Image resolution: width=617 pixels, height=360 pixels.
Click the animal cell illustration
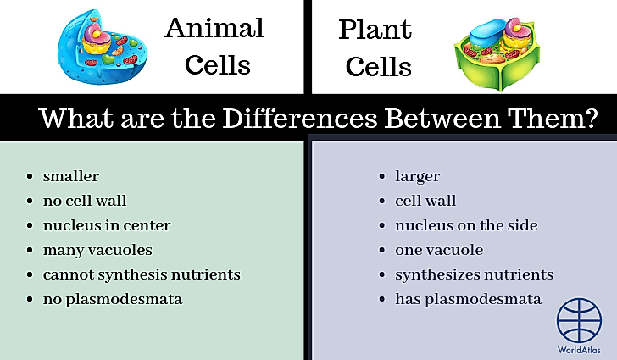click(99, 49)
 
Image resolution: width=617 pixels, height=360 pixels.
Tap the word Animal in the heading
click(214, 28)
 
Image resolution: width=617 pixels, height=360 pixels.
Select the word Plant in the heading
click(375, 30)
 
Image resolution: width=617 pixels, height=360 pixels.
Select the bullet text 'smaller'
click(71, 176)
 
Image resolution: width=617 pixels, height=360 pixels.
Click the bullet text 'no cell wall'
click(85, 201)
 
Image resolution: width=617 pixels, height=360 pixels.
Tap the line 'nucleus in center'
click(107, 225)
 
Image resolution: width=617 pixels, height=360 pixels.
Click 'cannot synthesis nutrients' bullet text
click(142, 274)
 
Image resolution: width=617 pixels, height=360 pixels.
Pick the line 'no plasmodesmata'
click(113, 299)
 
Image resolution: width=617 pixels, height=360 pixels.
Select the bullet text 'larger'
click(417, 176)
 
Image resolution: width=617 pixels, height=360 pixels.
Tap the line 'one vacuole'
click(439, 250)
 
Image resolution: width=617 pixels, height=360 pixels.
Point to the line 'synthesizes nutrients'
click(474, 274)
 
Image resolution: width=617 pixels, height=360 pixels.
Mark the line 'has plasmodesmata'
click(468, 299)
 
